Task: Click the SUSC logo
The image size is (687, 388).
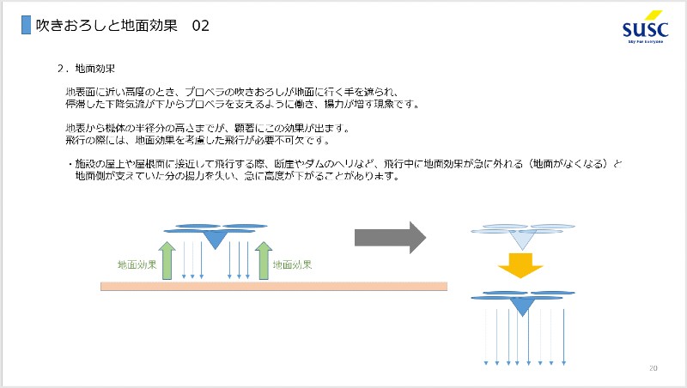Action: pos(644,27)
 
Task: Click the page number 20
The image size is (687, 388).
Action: pos(654,368)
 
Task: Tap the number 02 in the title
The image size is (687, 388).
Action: pos(201,27)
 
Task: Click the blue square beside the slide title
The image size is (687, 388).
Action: pos(26,26)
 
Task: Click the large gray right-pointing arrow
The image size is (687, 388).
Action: pos(390,236)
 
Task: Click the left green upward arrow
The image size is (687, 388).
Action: pos(167,260)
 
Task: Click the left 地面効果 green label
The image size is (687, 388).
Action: pos(137,265)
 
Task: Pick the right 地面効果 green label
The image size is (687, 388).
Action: pos(292,265)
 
